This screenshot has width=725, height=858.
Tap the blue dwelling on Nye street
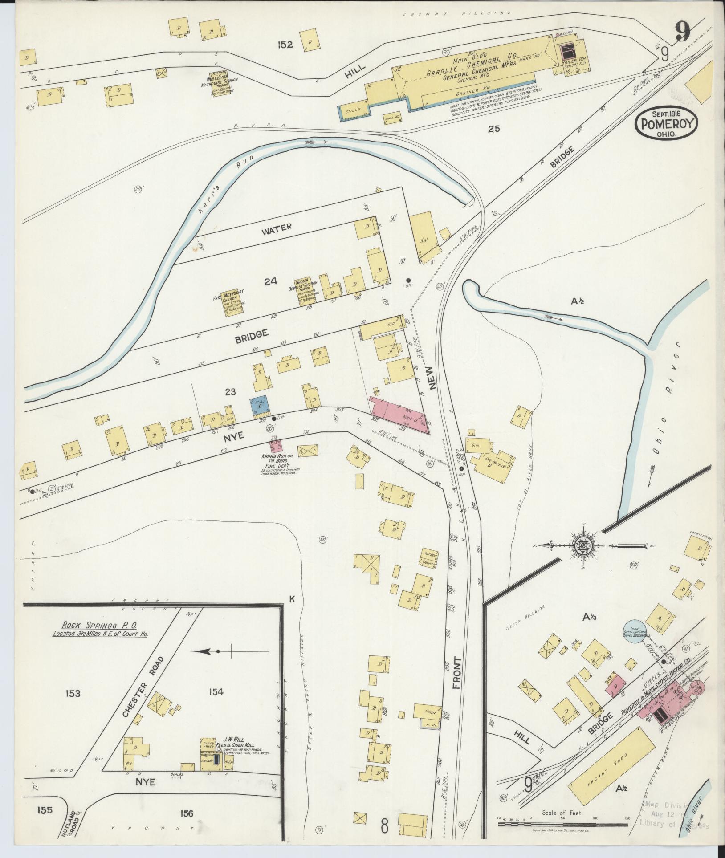click(x=259, y=406)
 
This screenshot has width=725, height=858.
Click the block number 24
click(x=270, y=281)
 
